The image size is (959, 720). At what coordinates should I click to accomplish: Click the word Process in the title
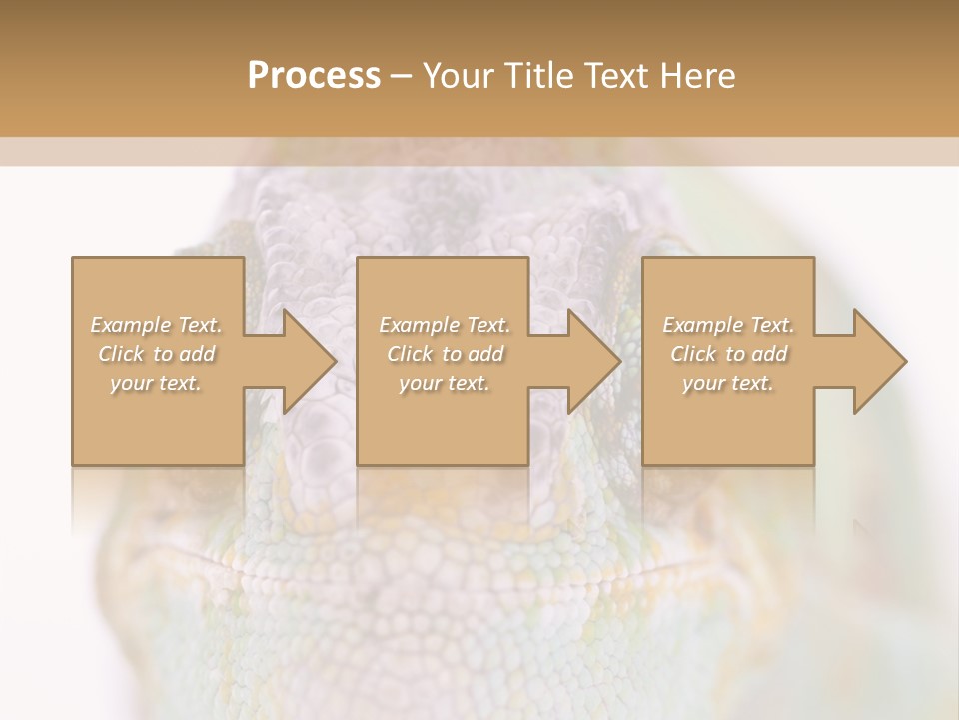(x=314, y=76)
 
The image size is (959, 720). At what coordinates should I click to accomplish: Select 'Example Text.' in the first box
(x=157, y=325)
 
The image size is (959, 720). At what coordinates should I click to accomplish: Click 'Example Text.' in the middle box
(x=445, y=325)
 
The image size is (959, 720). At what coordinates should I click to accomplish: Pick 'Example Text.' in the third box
(x=728, y=325)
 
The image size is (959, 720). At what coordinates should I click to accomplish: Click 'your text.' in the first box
(x=156, y=383)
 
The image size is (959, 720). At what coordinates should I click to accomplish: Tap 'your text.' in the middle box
(x=444, y=383)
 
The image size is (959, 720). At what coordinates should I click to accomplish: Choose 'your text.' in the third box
(x=727, y=383)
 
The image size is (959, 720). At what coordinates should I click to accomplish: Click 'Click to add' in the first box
(x=157, y=354)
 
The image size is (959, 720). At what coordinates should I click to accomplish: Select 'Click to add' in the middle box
(x=445, y=354)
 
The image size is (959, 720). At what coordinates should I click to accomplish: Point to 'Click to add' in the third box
(x=728, y=354)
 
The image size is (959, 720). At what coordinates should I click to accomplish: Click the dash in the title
(x=402, y=76)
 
